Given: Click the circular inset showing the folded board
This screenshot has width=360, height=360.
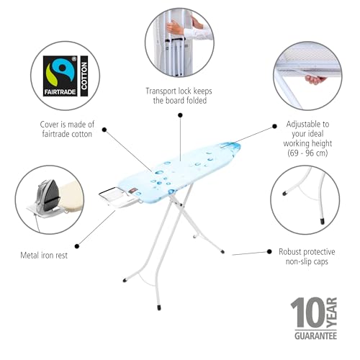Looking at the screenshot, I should pyautogui.click(x=179, y=42).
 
